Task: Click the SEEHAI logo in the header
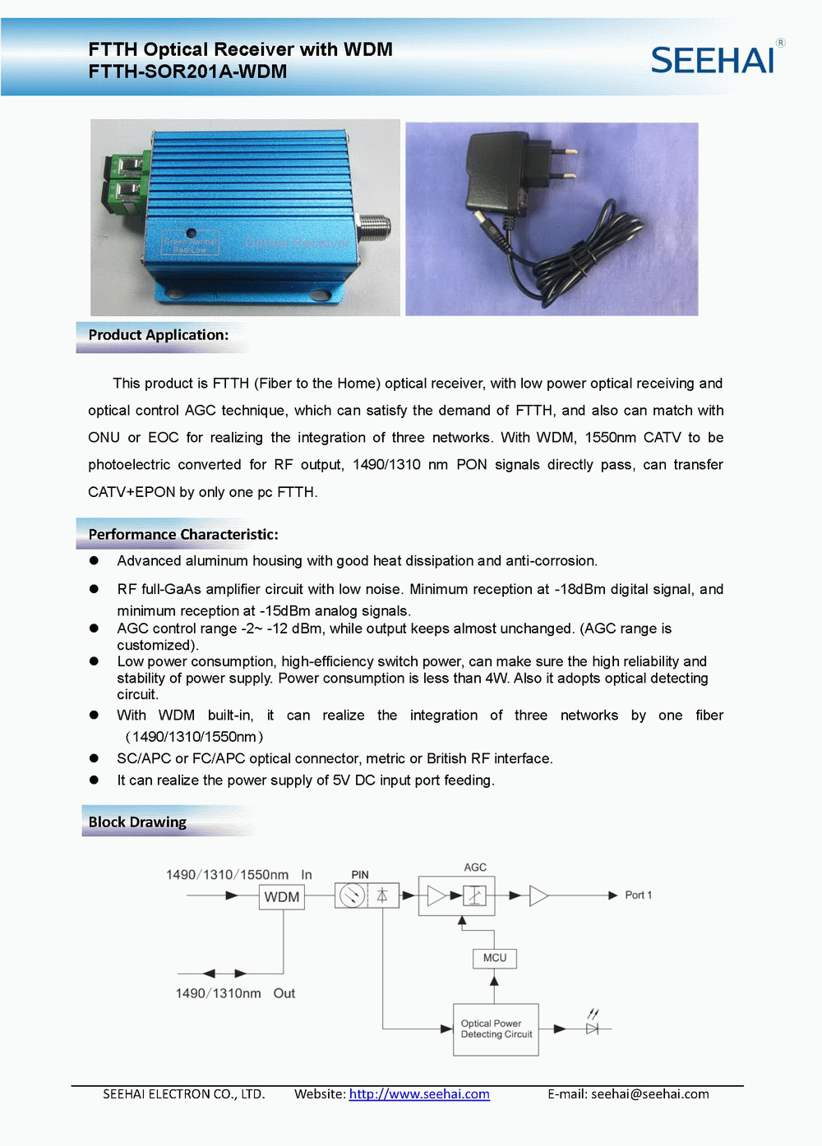(x=713, y=60)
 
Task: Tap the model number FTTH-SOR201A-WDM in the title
(x=187, y=71)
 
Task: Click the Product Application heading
(x=158, y=335)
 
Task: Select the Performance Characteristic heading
(x=182, y=535)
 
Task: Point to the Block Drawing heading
(x=137, y=822)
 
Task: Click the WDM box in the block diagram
(x=282, y=897)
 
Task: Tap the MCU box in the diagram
(x=494, y=958)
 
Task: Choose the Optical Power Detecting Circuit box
(x=496, y=1029)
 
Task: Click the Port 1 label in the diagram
(x=638, y=895)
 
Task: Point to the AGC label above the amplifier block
(x=475, y=868)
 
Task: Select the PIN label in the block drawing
(x=360, y=875)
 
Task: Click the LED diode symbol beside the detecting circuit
(x=592, y=1027)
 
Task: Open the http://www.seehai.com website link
(x=419, y=1094)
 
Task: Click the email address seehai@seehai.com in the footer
(x=649, y=1094)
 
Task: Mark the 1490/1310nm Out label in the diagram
(x=235, y=994)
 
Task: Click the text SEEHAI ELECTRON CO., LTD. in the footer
(x=183, y=1094)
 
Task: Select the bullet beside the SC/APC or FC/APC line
(x=95, y=758)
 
